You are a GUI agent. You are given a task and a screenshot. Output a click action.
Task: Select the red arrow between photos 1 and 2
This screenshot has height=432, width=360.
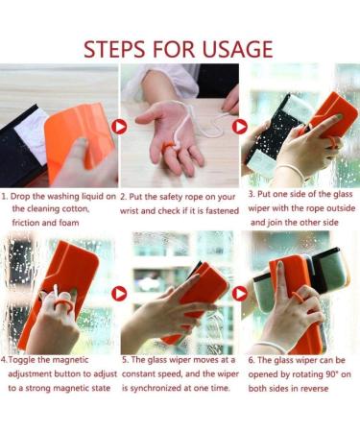coord(119,126)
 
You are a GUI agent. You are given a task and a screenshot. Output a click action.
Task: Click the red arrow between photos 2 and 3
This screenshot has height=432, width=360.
coord(240,126)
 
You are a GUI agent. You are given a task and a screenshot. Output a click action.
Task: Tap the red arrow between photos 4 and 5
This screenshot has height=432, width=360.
coord(119,293)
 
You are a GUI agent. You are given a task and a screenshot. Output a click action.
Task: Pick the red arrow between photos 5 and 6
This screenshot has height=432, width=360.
coord(240,293)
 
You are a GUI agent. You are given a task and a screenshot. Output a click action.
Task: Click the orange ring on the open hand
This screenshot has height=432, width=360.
coord(167,148)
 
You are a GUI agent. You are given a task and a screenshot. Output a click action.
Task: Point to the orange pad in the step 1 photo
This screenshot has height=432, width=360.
coord(73,134)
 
